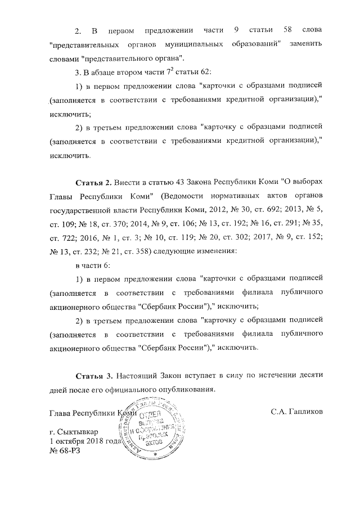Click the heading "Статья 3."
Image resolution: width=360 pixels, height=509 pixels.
tap(93, 375)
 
